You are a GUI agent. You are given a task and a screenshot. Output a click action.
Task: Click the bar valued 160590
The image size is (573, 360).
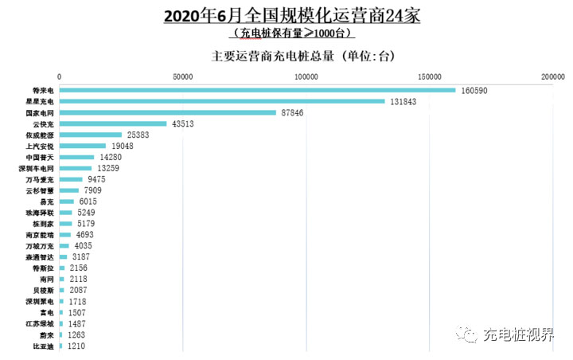point(257,90)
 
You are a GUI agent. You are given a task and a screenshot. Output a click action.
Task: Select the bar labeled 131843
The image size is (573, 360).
point(222,101)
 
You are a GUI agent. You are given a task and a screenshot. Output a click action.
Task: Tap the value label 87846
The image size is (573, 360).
point(292,113)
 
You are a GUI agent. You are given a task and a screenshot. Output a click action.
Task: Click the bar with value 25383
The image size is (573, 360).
point(91,135)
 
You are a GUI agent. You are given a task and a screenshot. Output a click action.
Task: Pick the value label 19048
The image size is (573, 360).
point(123,147)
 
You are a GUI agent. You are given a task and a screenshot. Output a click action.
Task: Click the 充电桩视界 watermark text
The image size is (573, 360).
point(518,335)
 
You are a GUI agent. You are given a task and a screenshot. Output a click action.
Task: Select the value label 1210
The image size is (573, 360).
point(76,347)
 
